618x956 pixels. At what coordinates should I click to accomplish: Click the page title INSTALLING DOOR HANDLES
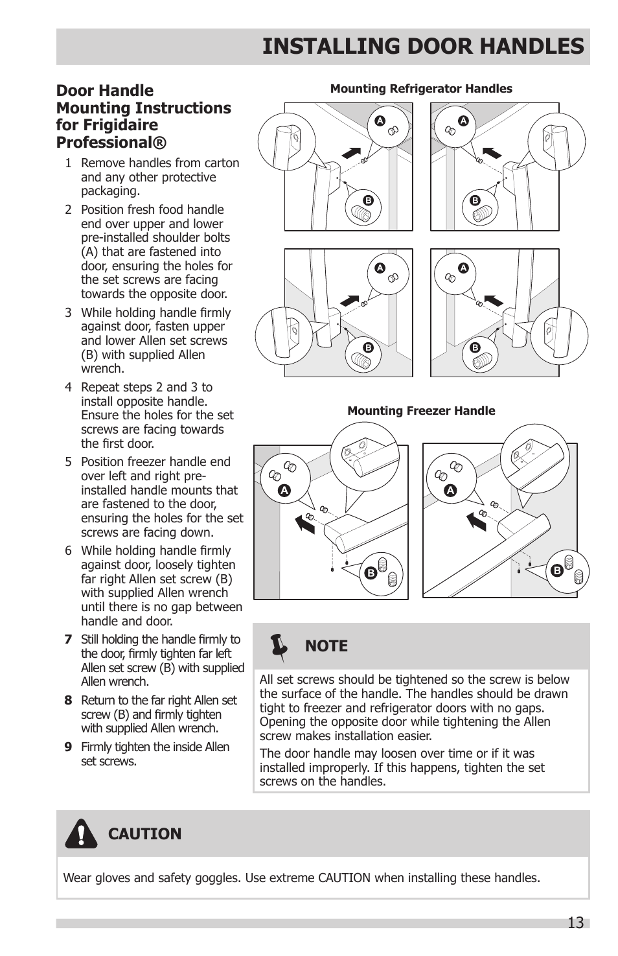422,46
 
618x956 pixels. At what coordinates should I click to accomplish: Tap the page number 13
575,923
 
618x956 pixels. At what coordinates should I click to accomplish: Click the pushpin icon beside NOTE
279,647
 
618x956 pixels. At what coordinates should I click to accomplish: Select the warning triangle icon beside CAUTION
81,834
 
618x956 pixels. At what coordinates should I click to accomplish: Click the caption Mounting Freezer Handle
421,411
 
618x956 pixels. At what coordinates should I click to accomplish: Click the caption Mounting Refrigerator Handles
421,89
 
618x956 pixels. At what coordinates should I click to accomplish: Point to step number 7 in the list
68,640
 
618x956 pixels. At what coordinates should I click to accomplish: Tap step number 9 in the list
68,747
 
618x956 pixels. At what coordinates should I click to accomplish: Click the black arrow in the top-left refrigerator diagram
351,153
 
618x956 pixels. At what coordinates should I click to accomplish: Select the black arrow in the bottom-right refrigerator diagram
494,300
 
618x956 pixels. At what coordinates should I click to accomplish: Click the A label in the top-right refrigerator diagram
463,121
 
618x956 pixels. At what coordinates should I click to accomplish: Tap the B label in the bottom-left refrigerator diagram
368,348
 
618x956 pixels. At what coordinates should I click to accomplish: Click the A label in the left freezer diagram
284,491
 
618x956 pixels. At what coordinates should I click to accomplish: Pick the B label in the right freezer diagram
556,570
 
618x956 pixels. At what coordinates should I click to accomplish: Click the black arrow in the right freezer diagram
477,520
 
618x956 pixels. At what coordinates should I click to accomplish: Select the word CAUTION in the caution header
144,834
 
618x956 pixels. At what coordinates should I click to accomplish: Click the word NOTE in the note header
326,646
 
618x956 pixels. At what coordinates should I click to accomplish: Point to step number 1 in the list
68,163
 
